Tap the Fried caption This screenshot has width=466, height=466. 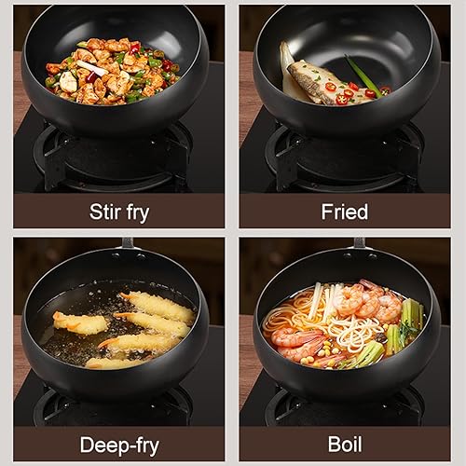coord(344,211)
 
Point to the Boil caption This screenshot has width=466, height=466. coord(344,444)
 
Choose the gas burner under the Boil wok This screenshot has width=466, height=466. coord(345,403)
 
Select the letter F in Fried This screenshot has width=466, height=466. coord(326,211)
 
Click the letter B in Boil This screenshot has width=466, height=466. coord(333,444)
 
